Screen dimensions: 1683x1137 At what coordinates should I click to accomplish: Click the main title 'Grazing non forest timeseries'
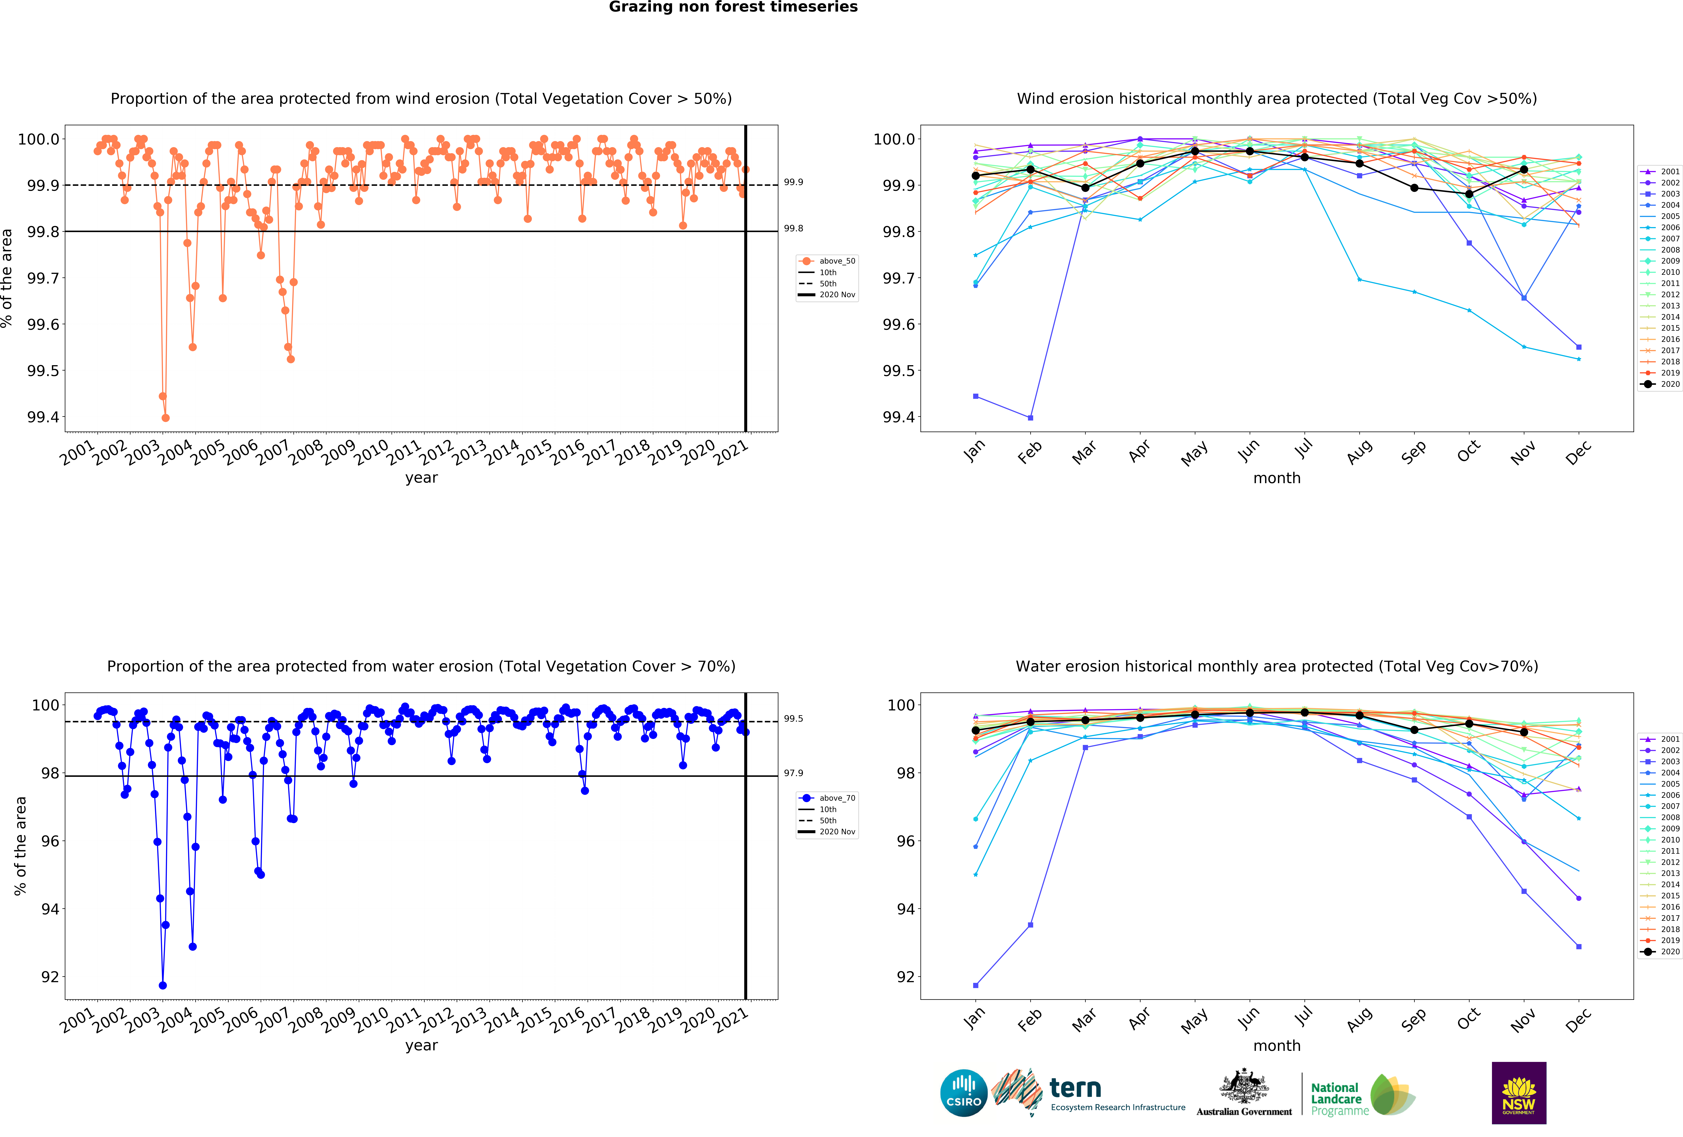733,7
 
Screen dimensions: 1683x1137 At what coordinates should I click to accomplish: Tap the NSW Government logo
1519,1093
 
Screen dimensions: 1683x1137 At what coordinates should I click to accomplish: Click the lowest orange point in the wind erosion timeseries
166,418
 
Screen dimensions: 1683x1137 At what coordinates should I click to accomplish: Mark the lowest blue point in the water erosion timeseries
163,985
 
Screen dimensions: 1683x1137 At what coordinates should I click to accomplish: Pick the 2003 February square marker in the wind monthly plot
1030,418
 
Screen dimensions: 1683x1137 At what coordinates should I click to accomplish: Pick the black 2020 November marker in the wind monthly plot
1524,169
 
